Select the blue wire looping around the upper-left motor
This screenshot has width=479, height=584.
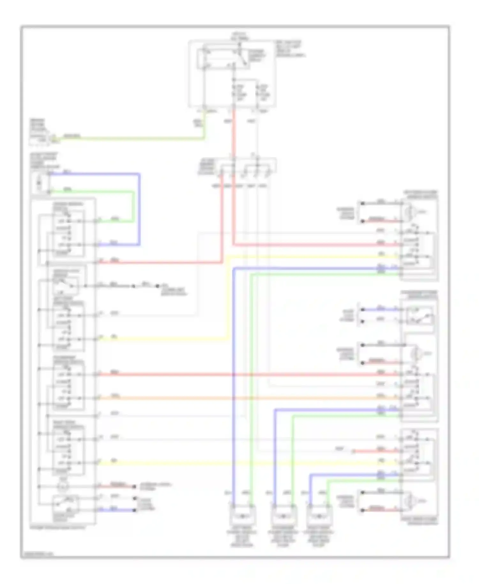pos(139,208)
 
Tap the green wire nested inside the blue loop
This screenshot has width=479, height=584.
pos(133,204)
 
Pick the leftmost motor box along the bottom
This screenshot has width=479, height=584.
pos(242,515)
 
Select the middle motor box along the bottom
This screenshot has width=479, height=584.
pos(284,515)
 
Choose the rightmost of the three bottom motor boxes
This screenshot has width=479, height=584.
pos(319,515)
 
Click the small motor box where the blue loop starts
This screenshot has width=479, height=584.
pos(40,183)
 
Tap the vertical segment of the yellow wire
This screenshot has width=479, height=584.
pos(229,297)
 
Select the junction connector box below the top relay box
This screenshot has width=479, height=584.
pos(244,166)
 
